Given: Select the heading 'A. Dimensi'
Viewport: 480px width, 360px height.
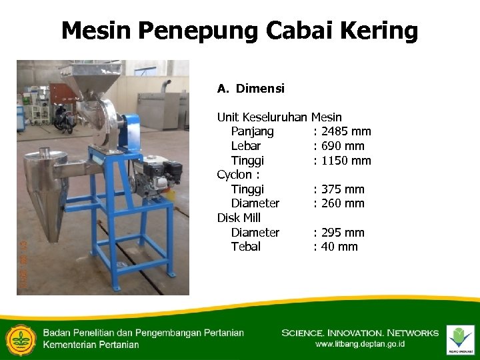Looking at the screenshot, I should (x=251, y=88).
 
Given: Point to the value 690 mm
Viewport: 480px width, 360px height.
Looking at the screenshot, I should (x=343, y=146).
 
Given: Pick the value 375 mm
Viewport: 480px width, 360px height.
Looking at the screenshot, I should (x=343, y=189).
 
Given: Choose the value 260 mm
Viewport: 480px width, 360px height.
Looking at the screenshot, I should (x=343, y=203).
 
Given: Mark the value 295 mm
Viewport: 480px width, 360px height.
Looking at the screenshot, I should (x=343, y=233).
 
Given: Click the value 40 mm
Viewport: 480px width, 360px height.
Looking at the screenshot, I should (x=339, y=247).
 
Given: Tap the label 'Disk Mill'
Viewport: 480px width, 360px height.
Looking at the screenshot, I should (x=239, y=218).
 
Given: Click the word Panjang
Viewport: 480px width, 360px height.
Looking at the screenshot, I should (x=252, y=131).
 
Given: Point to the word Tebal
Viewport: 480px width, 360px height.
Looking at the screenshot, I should (x=245, y=247).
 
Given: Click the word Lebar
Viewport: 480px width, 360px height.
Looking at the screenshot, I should (x=245, y=146).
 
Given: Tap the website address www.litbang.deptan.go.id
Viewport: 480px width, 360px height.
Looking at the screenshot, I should (x=360, y=345).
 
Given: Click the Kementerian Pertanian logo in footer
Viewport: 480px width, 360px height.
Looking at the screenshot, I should (x=21, y=339).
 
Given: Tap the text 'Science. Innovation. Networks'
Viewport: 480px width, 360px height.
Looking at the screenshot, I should (x=360, y=333).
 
